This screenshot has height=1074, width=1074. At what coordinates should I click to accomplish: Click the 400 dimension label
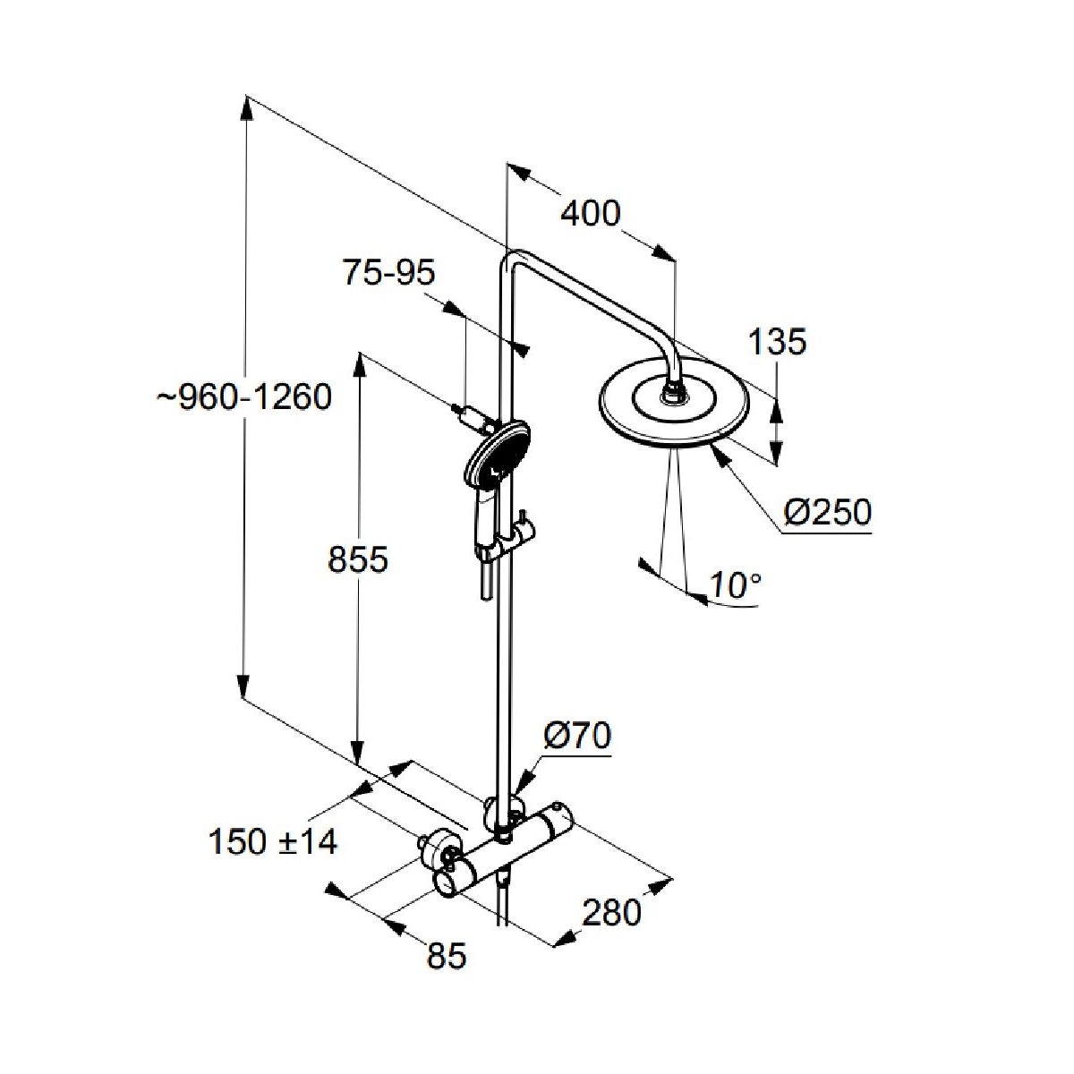pos(590,214)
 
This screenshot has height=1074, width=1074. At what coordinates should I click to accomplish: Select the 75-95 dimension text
pos(388,272)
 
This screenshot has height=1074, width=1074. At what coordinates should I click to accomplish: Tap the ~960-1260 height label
pos(244,396)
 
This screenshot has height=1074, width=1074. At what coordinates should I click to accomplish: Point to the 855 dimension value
pos(358,560)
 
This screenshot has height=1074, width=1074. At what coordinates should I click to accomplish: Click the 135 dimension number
pos(777,341)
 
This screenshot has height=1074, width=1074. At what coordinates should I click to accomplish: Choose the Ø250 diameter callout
pos(827,513)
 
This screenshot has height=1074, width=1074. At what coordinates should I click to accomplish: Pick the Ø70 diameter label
pos(577,736)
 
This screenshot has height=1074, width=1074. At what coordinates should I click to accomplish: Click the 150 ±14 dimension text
pos(272,841)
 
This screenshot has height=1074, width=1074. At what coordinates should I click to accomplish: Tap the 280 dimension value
pos(612,913)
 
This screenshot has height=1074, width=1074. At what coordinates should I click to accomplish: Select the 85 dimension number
pos(447,957)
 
